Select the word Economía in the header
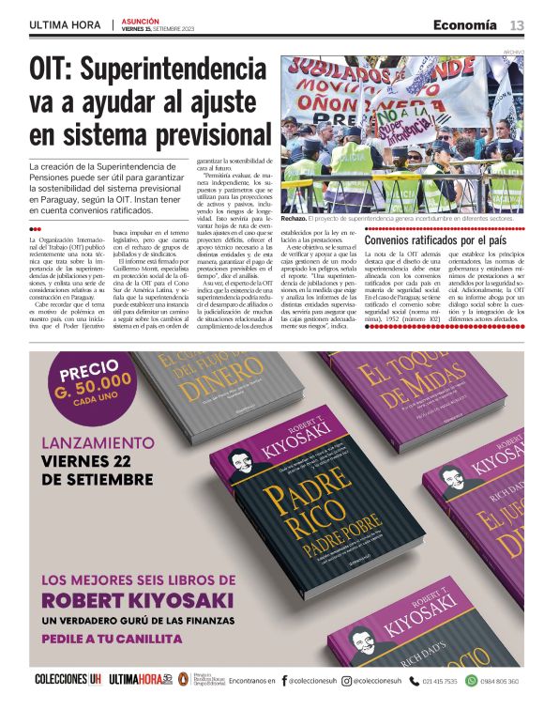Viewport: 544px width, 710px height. point(465,24)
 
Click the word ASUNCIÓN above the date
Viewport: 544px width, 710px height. point(141,21)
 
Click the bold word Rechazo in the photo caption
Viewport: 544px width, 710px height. point(298,219)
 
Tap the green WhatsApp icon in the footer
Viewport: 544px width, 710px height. point(472,681)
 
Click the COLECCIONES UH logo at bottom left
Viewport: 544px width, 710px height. point(67,680)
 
